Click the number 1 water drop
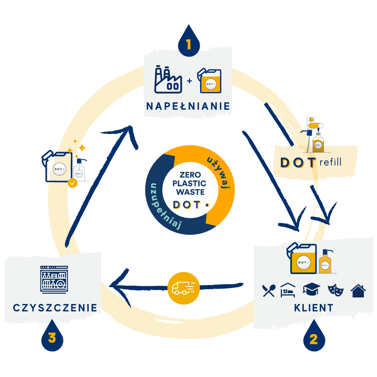(188, 42)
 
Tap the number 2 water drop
(314, 337)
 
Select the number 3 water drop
(52, 336)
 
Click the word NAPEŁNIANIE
(188, 106)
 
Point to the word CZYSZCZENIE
(55, 308)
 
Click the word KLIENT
(314, 308)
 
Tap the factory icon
(168, 80)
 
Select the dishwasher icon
(54, 279)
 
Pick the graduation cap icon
(311, 290)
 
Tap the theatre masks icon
(336, 290)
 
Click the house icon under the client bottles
(358, 291)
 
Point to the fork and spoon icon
(269, 290)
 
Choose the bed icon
(290, 290)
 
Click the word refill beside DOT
(330, 162)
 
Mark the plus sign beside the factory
(189, 81)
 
